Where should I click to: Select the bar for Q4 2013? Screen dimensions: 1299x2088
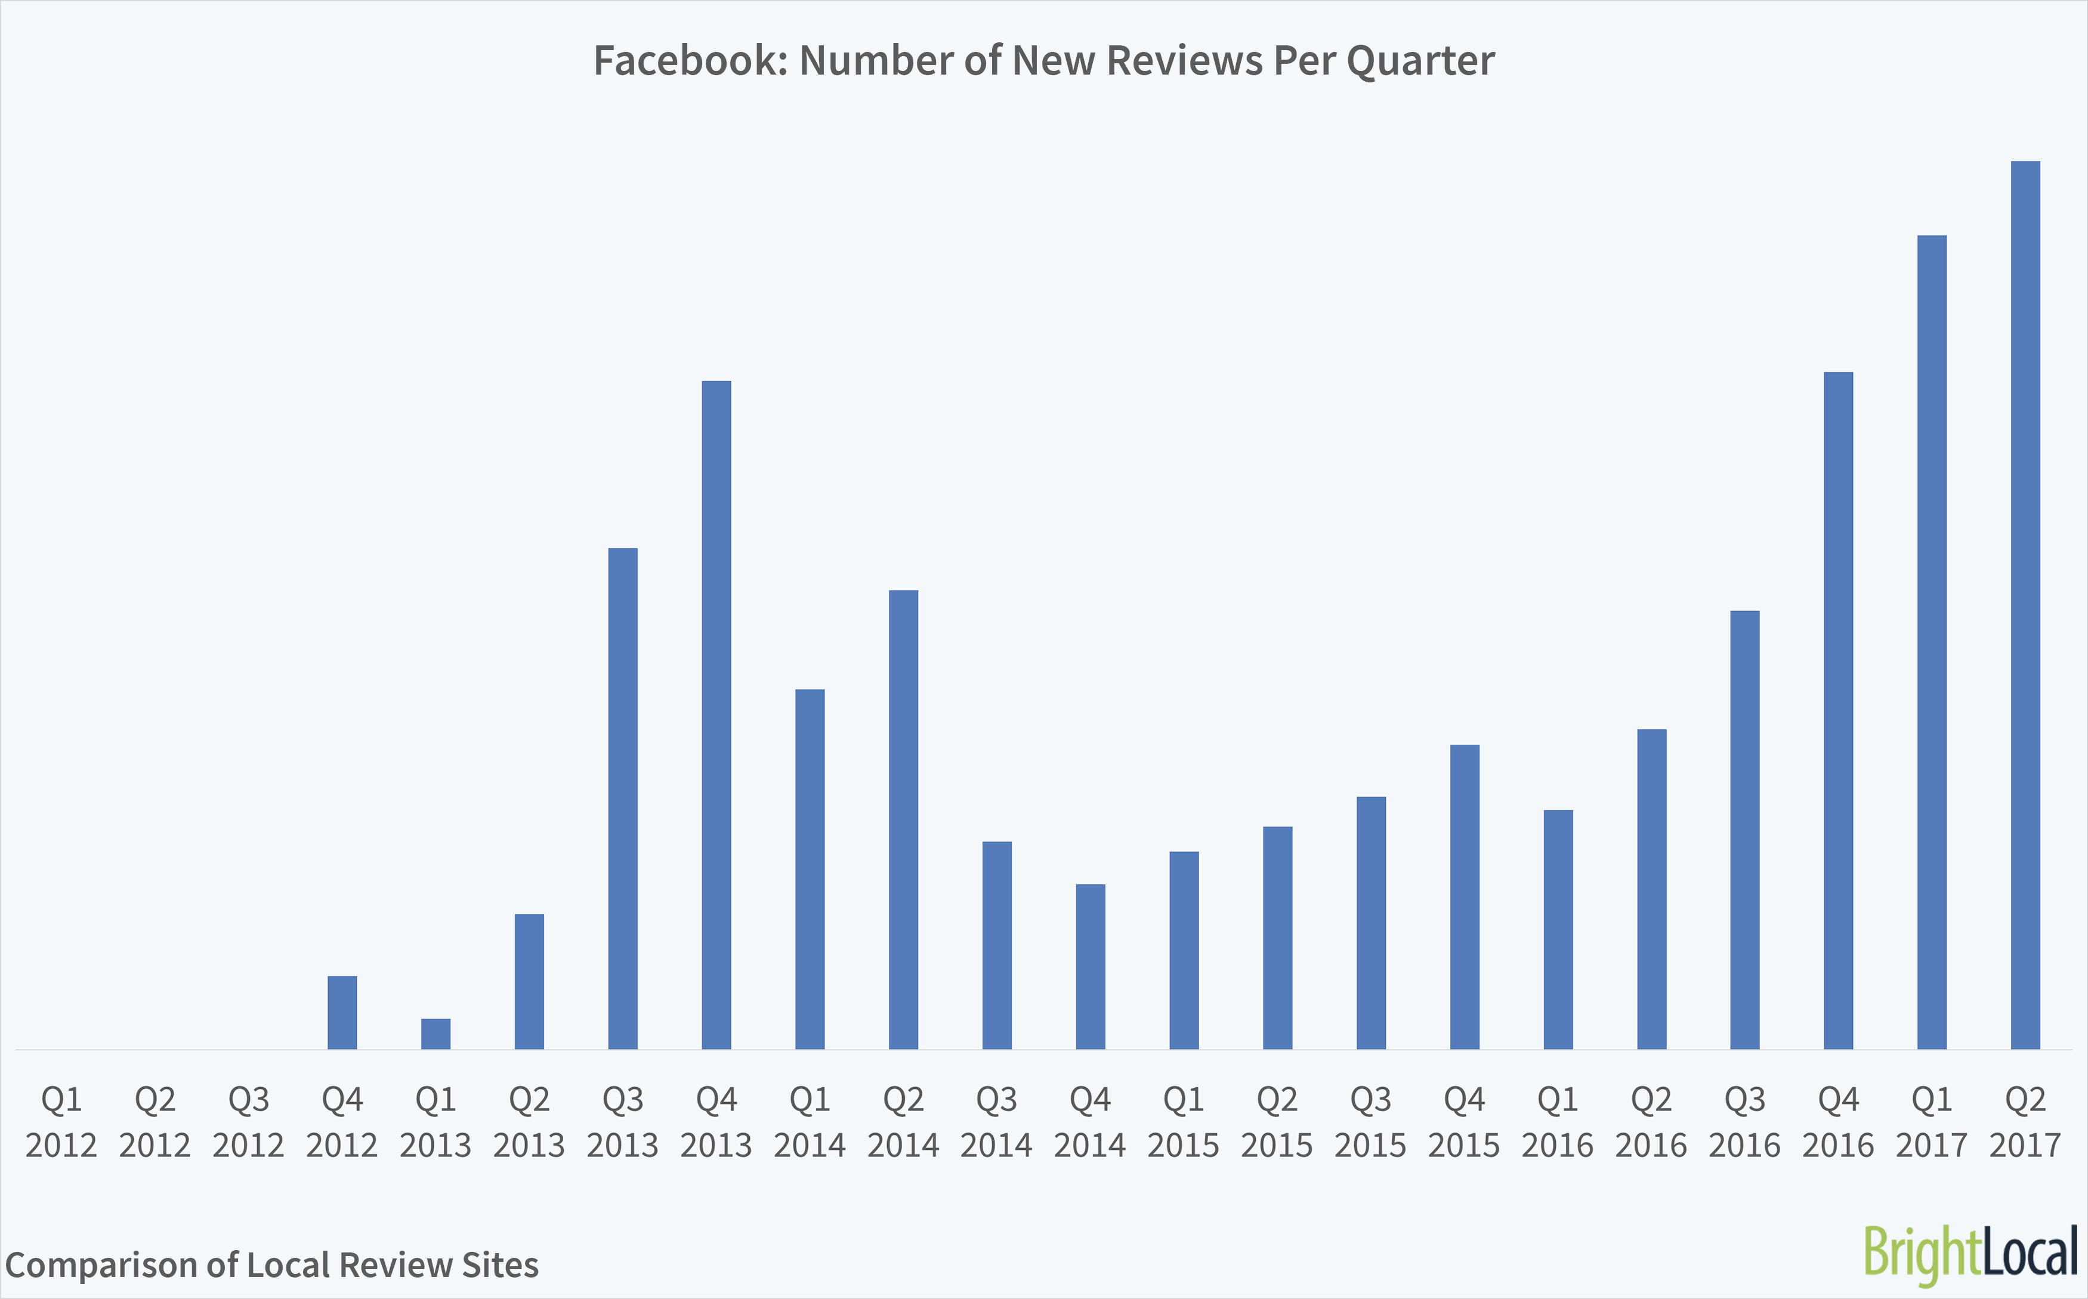coord(716,715)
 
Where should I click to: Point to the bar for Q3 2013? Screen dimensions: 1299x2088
coord(623,798)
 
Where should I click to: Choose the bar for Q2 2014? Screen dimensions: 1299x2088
coord(904,820)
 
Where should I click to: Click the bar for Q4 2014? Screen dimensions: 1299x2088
coord(1090,967)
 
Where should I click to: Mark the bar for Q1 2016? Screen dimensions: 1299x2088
coord(1558,930)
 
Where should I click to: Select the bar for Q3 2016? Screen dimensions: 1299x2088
coord(1744,830)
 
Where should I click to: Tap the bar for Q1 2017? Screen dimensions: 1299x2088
coord(1932,642)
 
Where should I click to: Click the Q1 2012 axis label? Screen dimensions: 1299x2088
coord(61,1121)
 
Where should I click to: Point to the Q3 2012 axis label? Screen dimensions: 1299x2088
coord(248,1121)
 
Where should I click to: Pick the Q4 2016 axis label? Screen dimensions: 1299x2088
coord(1838,1121)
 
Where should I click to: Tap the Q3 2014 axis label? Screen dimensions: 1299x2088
coord(996,1121)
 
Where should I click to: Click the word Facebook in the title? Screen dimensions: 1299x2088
coord(690,61)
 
